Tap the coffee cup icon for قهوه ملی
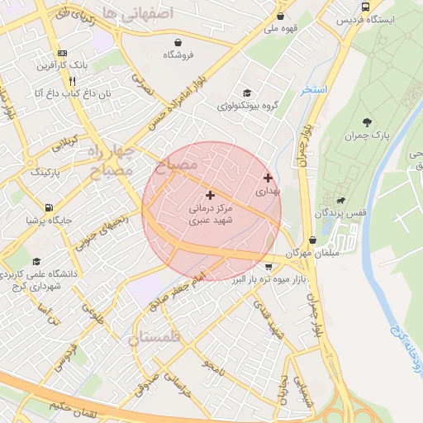click(x=280, y=16)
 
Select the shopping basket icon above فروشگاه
click(x=178, y=42)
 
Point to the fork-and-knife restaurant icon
click(x=73, y=81)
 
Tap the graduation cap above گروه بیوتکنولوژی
click(x=245, y=93)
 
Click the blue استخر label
click(x=315, y=88)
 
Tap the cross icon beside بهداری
click(x=268, y=178)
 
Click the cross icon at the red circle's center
click(x=210, y=196)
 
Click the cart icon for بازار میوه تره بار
click(x=269, y=266)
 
